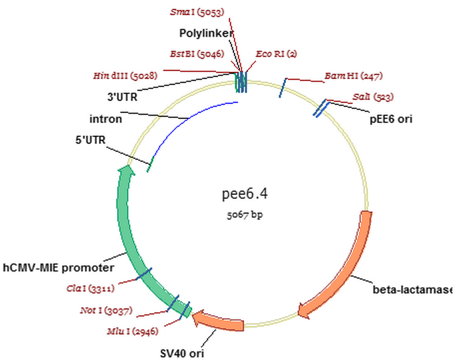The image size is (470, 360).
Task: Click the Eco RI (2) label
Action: (279, 55)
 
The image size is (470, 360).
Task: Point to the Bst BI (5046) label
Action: (197, 54)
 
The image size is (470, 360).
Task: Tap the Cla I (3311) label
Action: (91, 288)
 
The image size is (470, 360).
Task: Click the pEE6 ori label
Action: (392, 120)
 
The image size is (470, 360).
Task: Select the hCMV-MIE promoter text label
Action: (59, 268)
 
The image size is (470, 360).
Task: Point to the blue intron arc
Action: (186, 120)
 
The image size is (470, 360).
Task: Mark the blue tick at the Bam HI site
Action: (283, 86)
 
